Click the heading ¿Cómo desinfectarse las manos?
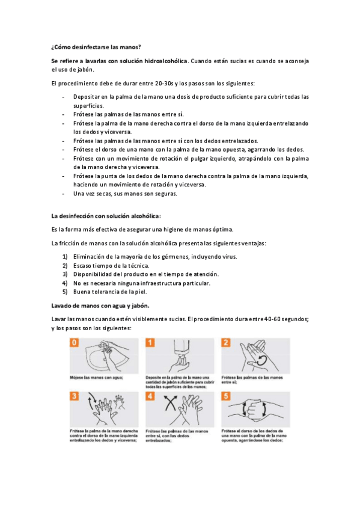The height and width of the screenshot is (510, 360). [x=96, y=47]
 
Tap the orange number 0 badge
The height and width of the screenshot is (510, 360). [x=75, y=342]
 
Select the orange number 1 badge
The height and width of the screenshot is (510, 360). [x=150, y=342]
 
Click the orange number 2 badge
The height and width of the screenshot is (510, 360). [x=226, y=342]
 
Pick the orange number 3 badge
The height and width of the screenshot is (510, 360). [x=75, y=396]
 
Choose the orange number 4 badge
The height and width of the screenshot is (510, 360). [x=150, y=396]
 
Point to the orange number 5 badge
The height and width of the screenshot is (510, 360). [x=226, y=396]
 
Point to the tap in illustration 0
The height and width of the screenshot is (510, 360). [x=105, y=345]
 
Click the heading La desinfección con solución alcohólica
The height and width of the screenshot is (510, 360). [x=106, y=216]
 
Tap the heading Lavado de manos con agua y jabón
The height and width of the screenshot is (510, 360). [x=100, y=306]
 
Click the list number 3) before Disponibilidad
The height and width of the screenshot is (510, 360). [x=65, y=274]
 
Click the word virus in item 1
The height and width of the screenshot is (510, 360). [x=230, y=257]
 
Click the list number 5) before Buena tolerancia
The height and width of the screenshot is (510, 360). [x=65, y=292]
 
